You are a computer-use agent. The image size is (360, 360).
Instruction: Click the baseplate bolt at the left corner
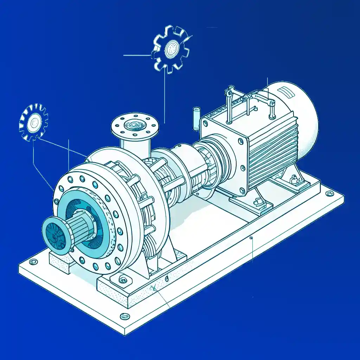pos(33,262)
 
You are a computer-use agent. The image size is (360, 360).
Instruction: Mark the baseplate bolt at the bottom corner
pos(124,316)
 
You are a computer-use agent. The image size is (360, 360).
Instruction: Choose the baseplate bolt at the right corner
pos(329,193)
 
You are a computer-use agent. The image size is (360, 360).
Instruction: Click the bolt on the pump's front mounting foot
pos(123,279)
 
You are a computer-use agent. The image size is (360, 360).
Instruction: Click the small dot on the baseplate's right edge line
pos(251,238)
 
